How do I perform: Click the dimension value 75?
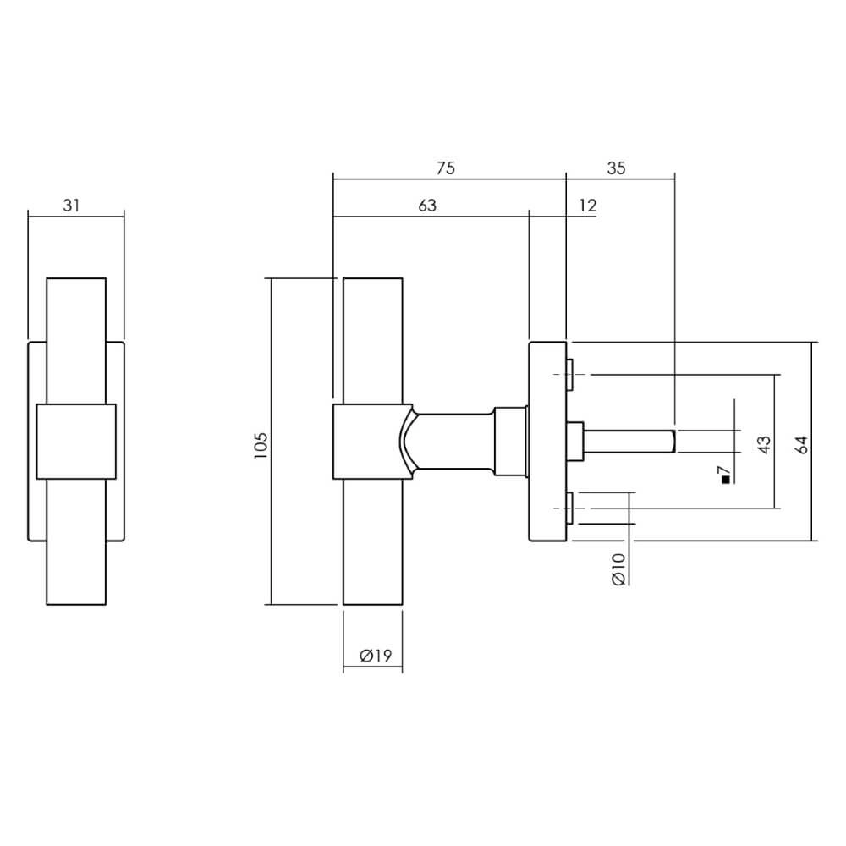(x=446, y=168)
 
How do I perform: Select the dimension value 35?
(x=616, y=168)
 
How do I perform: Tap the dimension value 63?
(x=427, y=206)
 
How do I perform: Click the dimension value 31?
(x=72, y=206)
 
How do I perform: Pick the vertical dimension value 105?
(x=261, y=446)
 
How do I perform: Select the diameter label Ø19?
(x=372, y=656)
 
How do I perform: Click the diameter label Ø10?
(x=618, y=569)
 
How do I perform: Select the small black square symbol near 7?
(x=725, y=481)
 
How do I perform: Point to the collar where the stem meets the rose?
(x=510, y=441)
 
